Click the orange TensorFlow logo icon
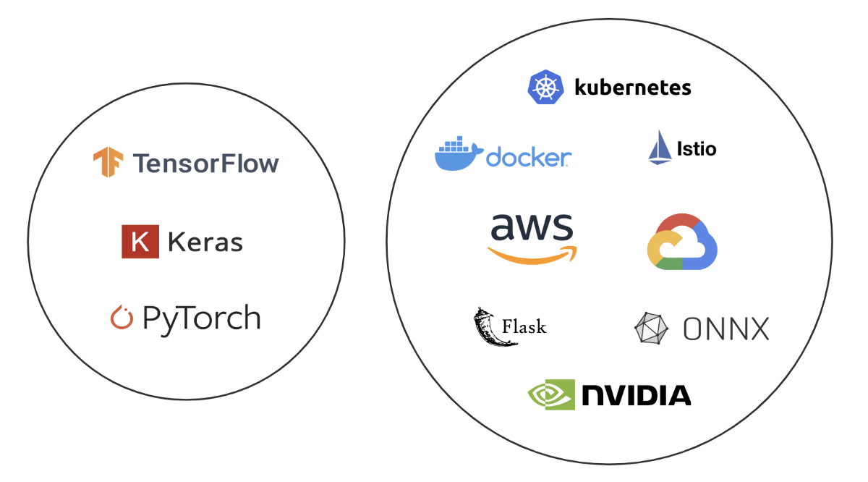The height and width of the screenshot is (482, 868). (108, 162)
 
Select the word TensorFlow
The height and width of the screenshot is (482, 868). (205, 163)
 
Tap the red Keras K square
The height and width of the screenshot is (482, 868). (140, 241)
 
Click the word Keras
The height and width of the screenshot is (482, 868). (205, 242)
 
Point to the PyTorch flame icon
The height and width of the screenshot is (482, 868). (122, 318)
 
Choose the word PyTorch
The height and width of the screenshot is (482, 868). (201, 318)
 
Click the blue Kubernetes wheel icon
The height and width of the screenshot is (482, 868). (545, 88)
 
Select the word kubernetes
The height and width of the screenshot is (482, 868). (632, 88)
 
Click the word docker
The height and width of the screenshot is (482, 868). (529, 157)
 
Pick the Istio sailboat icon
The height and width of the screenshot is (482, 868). (659, 148)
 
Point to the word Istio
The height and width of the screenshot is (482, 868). (696, 149)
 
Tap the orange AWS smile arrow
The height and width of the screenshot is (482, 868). (532, 254)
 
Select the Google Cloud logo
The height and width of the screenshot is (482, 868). (681, 242)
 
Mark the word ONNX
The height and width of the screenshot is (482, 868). (726, 329)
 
